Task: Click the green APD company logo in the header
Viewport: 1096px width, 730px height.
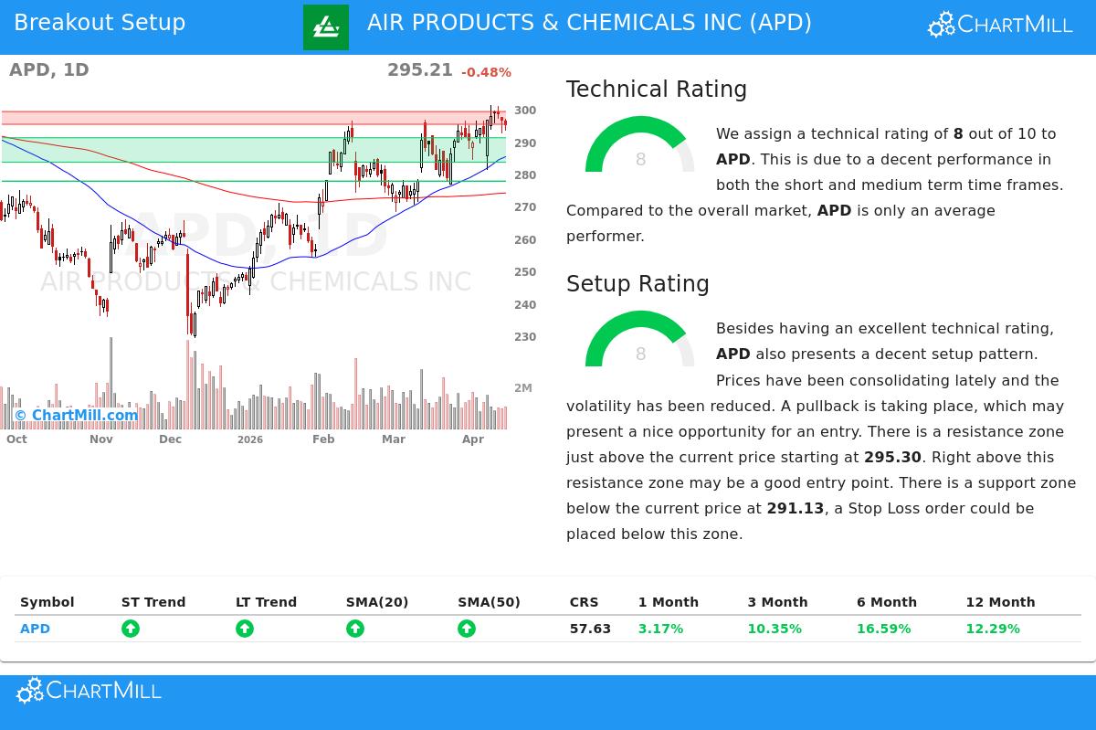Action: click(325, 27)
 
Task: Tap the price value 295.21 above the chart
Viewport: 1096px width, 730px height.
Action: click(419, 70)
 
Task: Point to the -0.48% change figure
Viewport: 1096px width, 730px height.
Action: click(486, 72)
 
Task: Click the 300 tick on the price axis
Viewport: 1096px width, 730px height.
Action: click(525, 111)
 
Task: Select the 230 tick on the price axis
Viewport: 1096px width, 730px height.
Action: click(525, 337)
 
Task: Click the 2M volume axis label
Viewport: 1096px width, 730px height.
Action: click(523, 388)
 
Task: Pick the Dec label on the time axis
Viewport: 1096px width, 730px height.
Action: click(170, 439)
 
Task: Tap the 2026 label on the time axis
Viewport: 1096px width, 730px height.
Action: click(249, 440)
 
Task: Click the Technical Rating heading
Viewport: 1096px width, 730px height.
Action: click(656, 90)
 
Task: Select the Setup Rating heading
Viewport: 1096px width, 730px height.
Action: click(638, 284)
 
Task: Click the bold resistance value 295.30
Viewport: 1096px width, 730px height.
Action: click(892, 457)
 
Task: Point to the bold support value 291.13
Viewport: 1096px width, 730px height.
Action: click(795, 508)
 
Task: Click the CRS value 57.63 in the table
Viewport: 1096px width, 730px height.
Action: click(590, 629)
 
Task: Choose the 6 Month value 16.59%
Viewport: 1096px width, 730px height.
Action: click(883, 629)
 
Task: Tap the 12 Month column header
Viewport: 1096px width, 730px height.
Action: click(1000, 602)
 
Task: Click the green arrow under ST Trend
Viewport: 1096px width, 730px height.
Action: click(131, 629)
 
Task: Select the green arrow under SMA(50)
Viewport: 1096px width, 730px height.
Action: click(467, 629)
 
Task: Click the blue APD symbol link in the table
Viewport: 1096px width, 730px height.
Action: click(35, 629)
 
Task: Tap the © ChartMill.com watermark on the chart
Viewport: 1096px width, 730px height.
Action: click(76, 416)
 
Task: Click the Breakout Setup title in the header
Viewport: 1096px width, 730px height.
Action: click(100, 23)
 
